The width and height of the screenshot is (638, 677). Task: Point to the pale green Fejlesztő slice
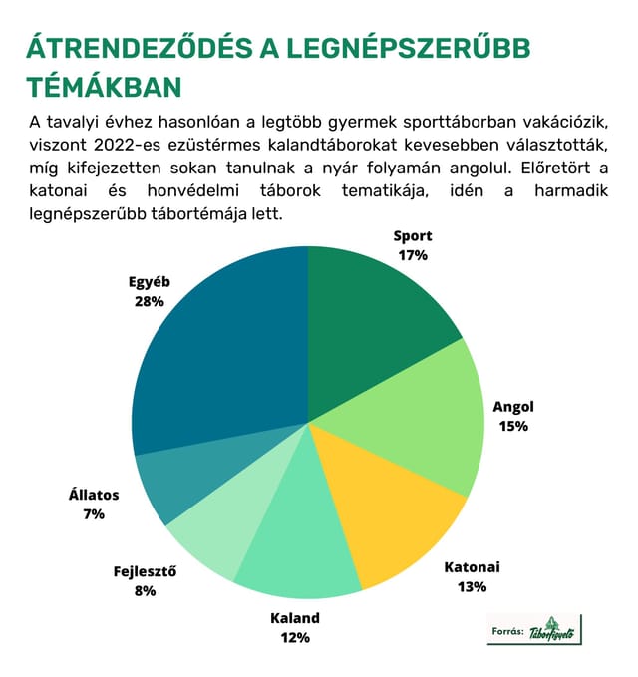tap(241, 513)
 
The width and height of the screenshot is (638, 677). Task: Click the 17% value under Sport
tap(413, 255)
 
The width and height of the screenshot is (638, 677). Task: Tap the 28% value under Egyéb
tap(150, 301)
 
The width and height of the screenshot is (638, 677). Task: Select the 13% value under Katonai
tap(473, 586)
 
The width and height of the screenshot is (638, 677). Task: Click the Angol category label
tap(513, 407)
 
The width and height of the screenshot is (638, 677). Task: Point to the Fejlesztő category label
tap(145, 571)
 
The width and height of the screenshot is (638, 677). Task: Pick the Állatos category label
tap(94, 494)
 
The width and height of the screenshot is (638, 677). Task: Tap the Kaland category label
tap(295, 618)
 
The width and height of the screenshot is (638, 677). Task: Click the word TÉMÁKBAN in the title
tap(104, 87)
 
